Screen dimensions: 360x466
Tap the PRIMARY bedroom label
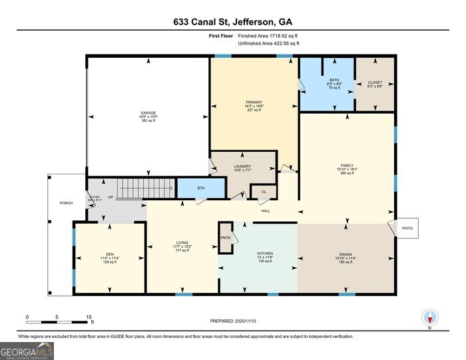pos(254,102)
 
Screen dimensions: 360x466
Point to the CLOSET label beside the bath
pos(375,83)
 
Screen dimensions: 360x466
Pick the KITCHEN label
pos(265,254)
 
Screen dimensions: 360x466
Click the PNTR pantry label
pos(225,237)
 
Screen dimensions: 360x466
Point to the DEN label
pos(110,255)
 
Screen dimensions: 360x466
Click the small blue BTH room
pos(201,188)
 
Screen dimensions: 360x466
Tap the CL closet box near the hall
pos(264,192)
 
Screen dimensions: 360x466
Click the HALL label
pos(265,211)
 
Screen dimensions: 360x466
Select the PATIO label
pos(407,228)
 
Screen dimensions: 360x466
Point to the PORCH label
pos(66,203)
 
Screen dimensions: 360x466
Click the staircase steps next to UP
pos(144,188)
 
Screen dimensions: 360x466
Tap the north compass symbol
pos(429,319)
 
